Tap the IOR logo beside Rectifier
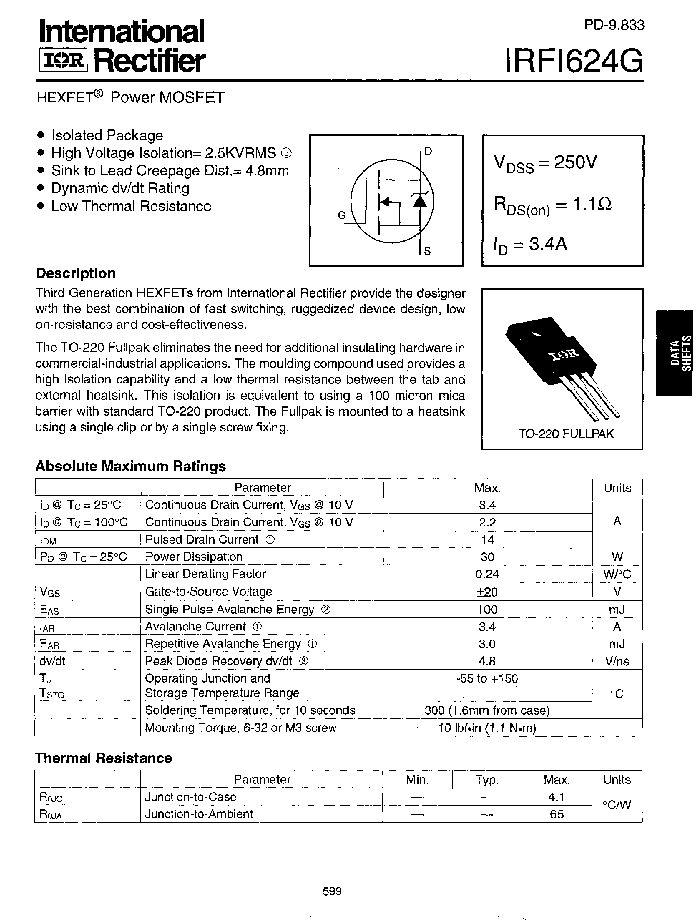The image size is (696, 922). pos(63,61)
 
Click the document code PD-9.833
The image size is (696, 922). pos(614,25)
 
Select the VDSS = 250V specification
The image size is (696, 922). pos(545,163)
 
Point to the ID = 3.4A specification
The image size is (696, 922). pos(530,245)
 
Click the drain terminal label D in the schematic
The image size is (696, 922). pos(428,151)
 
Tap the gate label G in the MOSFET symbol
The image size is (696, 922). pos(342,216)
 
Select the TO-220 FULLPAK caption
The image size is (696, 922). pos(566,434)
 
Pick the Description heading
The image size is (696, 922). pos(76,273)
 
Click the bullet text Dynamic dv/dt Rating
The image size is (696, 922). pos(120,188)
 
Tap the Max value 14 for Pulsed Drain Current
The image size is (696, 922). pos(488,540)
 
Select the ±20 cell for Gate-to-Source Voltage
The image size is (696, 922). pos(488,591)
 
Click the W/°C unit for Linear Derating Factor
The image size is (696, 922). pos(617,574)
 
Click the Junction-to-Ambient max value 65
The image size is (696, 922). pos(556,814)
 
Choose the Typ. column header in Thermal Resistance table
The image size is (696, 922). pos(486,780)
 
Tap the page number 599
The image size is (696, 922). pos(332,892)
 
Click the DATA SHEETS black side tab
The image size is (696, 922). pos(675,353)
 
